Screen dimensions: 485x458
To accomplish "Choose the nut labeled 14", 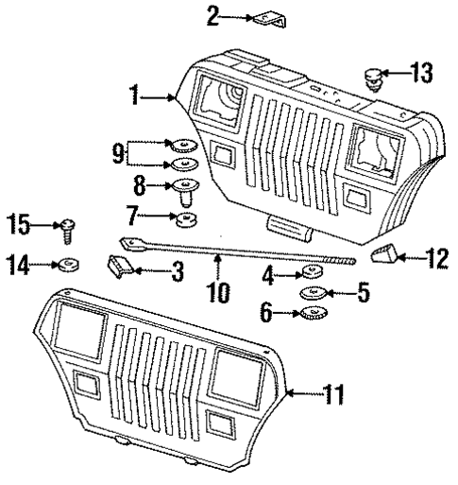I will pos(69,266).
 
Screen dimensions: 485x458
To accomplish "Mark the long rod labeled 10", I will pos(236,251).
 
